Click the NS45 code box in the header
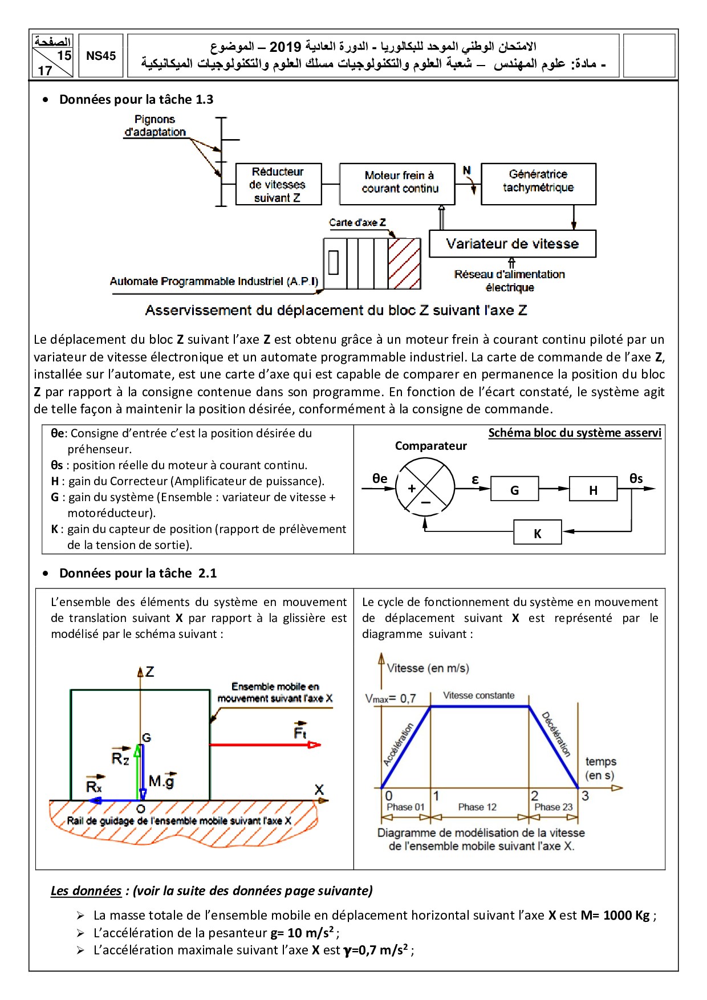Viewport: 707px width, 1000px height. (101, 56)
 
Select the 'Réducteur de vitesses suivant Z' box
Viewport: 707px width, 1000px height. (278, 184)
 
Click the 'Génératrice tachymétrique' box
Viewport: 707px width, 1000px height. (538, 184)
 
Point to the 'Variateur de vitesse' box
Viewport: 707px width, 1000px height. (512, 244)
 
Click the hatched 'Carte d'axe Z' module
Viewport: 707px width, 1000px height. (404, 263)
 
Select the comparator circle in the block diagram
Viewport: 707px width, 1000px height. (425, 487)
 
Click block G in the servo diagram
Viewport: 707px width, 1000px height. (514, 489)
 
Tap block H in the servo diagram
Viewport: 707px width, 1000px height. (593, 489)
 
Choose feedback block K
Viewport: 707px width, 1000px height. (537, 532)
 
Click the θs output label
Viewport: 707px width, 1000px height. (636, 478)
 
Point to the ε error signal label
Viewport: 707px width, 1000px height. (475, 479)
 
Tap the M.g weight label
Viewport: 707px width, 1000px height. (162, 781)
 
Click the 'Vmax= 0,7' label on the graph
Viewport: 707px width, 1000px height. (391, 698)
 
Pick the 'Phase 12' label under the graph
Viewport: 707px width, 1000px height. (477, 807)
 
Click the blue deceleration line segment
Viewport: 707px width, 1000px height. (554, 747)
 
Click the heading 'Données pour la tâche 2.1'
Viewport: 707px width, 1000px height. (138, 573)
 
